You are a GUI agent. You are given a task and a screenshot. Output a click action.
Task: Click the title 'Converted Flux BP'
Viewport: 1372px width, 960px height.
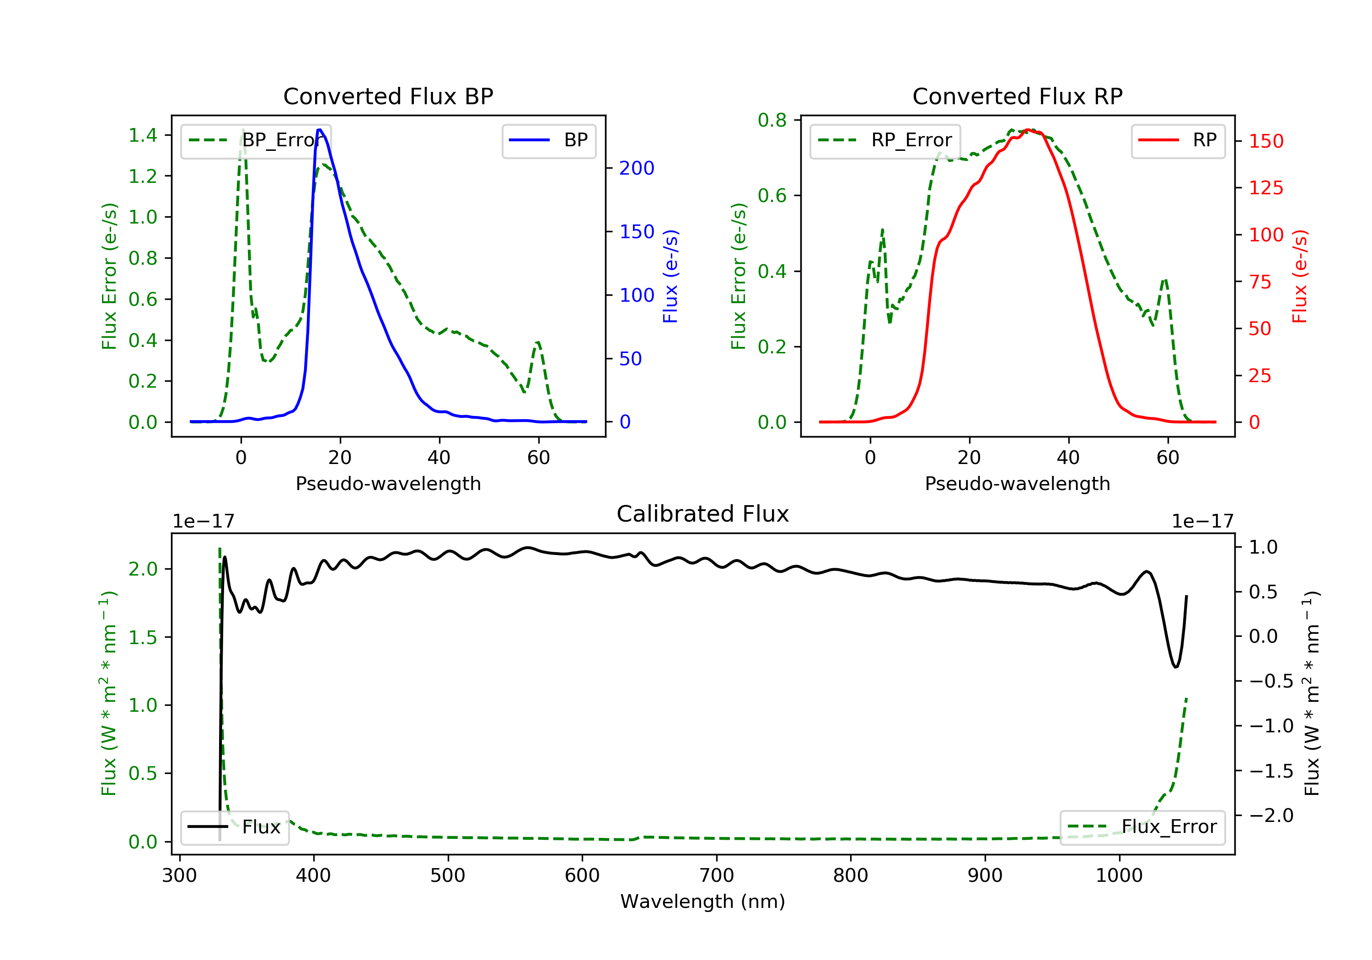pos(388,96)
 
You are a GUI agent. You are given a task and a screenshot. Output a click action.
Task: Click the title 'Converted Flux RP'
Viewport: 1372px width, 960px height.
pos(1017,96)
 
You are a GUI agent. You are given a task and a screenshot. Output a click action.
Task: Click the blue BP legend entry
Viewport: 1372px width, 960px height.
pos(548,140)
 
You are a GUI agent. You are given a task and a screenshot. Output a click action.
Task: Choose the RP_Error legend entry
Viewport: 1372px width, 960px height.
pos(885,140)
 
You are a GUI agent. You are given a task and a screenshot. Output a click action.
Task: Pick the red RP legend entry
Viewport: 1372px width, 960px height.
pos(1178,140)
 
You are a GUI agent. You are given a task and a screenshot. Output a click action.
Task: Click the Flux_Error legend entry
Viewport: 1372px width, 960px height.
pos(1142,827)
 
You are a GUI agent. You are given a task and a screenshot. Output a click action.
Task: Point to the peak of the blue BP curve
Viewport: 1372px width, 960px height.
pos(320,130)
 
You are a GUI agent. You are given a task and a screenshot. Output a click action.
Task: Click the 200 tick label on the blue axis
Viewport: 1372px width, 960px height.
pos(637,169)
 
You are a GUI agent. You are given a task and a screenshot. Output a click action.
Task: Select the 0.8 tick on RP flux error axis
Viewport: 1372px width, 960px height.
pos(772,120)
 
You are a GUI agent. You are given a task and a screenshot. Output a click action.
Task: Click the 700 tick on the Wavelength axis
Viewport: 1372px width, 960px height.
pos(717,876)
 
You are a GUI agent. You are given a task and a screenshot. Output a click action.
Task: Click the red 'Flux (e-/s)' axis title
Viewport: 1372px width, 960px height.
pos(1300,276)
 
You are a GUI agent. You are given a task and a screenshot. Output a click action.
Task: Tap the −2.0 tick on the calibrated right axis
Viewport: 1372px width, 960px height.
pos(1271,816)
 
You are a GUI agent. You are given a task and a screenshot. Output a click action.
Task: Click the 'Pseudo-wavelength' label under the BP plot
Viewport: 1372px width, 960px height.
pos(388,484)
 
